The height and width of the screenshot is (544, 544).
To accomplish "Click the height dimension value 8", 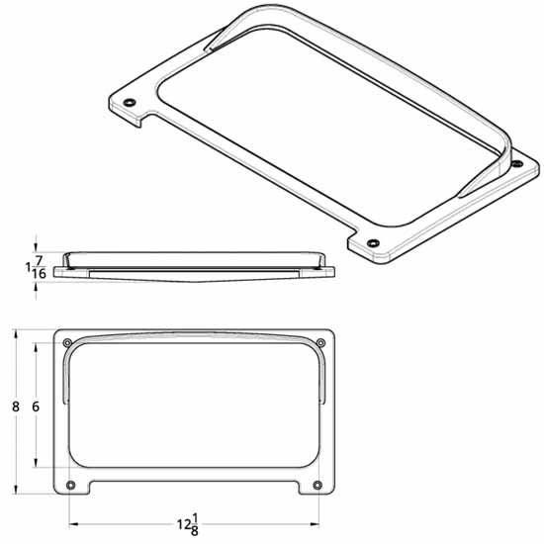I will point(15,407).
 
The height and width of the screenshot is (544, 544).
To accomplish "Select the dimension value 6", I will point(36,407).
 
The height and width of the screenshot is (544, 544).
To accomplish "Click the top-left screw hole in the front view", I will point(67,343).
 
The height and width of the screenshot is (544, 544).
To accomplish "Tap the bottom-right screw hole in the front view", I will point(317,485).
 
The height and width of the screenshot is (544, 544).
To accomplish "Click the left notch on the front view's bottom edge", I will point(92,488).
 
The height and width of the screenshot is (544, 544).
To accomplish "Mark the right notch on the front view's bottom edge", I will point(297,488).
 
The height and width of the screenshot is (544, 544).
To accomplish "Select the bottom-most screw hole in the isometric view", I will point(373,243).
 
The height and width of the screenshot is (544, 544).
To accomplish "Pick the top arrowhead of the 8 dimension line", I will point(15,334).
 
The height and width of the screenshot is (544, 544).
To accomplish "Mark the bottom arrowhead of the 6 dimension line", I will point(36,464).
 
